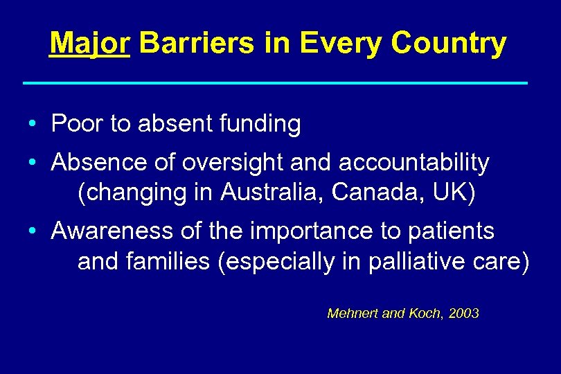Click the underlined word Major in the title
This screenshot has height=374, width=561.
tap(89, 44)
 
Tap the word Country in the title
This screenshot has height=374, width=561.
tap(448, 44)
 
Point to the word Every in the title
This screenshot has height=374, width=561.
tap(341, 44)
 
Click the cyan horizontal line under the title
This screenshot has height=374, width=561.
tap(275, 83)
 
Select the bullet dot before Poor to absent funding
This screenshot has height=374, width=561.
tap(33, 125)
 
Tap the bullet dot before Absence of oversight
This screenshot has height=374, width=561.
tap(33, 164)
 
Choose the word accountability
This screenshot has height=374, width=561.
tap(414, 163)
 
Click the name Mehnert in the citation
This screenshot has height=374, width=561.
tap(352, 314)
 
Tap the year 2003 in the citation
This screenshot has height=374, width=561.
tap(463, 314)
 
